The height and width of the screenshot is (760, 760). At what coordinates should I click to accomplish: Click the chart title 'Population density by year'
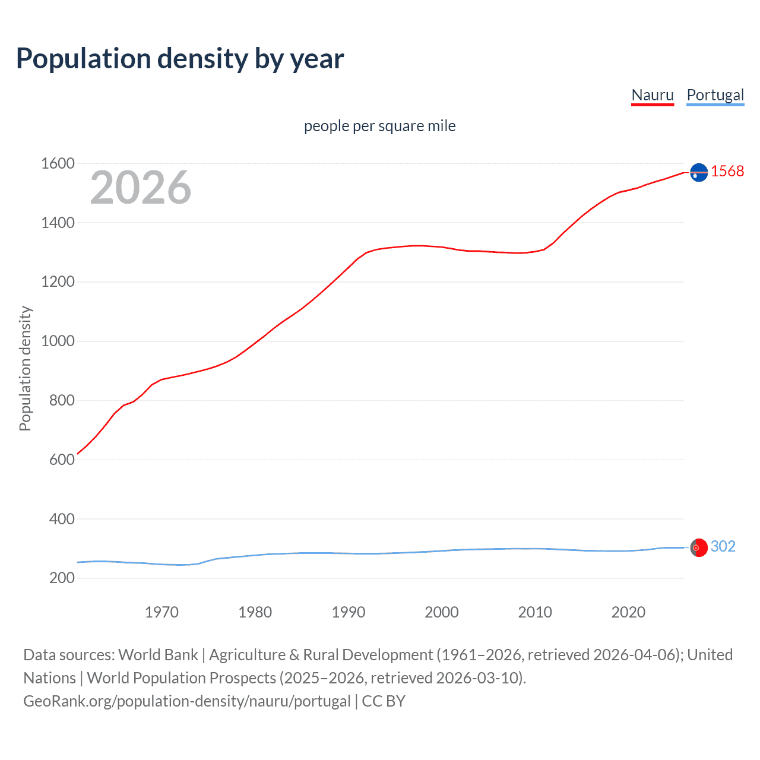click(x=180, y=59)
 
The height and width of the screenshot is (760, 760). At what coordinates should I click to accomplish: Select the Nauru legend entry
click(x=653, y=95)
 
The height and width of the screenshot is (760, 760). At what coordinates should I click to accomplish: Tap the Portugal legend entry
click(x=715, y=95)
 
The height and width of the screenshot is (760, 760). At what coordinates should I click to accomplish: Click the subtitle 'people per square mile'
click(x=379, y=126)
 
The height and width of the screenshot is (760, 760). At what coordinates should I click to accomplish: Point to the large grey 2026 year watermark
click(x=141, y=188)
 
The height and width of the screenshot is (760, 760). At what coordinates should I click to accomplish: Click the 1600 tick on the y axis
click(x=58, y=163)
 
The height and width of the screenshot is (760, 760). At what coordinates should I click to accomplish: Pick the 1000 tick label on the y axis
click(x=58, y=341)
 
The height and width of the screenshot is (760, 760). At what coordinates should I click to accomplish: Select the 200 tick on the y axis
click(x=62, y=578)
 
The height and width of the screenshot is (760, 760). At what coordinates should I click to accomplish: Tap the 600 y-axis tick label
click(x=62, y=460)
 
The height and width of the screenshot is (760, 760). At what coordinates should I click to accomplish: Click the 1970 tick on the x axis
click(x=161, y=612)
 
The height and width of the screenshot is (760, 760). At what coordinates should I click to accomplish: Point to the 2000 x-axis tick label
click(x=442, y=612)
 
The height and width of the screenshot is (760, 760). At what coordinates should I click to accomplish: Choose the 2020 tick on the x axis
click(x=628, y=612)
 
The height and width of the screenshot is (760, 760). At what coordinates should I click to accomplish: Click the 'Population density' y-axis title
click(x=25, y=368)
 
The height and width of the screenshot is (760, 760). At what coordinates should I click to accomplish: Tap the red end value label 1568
click(x=727, y=171)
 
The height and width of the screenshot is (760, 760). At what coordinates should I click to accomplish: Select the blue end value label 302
click(x=723, y=546)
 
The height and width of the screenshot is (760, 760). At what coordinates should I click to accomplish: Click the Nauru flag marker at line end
click(x=699, y=172)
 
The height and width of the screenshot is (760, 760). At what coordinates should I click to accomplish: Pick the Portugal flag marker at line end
click(x=699, y=547)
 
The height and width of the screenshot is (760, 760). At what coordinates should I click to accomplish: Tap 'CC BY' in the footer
click(x=384, y=701)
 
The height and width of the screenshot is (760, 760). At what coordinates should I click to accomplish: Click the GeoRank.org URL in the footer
click(x=187, y=701)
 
